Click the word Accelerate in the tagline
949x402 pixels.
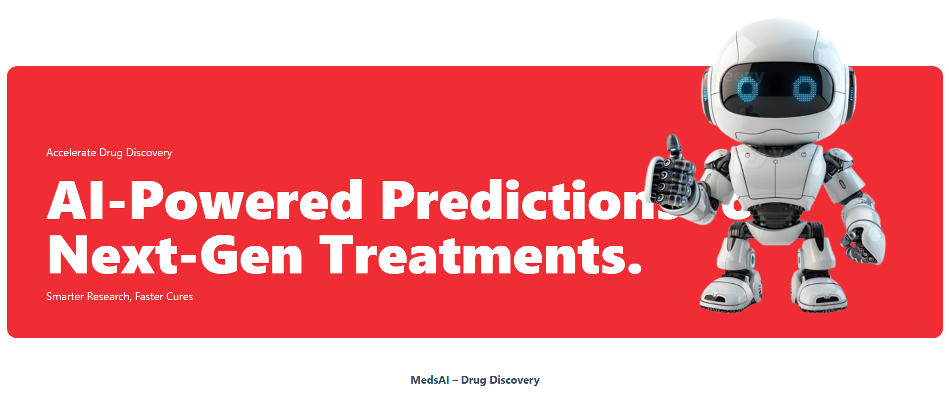(71, 153)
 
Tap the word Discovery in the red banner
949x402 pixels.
(149, 153)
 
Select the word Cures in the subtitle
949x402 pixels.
(180, 297)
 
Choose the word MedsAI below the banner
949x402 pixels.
(429, 380)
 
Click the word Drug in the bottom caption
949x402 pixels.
(474, 380)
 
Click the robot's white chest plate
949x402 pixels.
(776, 173)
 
